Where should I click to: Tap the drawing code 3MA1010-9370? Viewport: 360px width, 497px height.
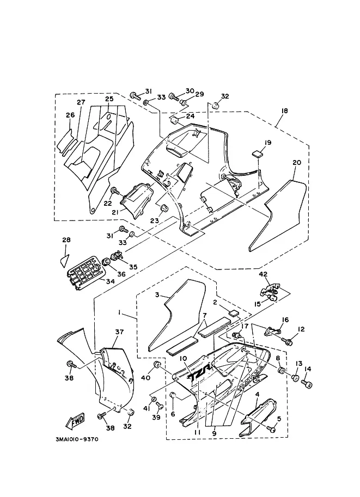tap(76, 440)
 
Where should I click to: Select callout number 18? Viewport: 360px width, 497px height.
tap(284, 111)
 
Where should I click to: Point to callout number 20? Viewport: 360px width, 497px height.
tap(296, 163)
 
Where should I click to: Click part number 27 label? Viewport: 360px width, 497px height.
tap(81, 103)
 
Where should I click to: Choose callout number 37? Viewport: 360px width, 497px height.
tap(119, 331)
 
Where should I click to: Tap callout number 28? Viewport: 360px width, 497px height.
tap(66, 240)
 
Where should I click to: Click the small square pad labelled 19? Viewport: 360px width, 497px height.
tap(259, 152)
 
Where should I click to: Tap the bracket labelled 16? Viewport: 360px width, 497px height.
tap(275, 329)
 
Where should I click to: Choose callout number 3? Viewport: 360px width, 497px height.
tap(156, 294)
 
